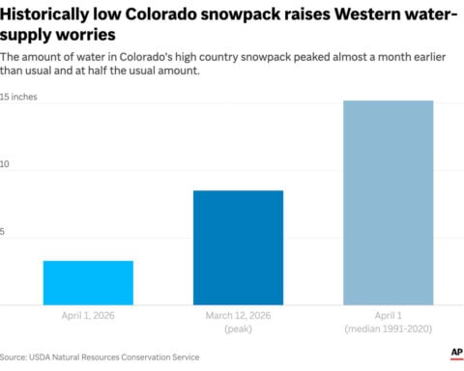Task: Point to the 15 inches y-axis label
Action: pyautogui.click(x=18, y=99)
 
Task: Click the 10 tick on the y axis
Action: pyautogui.click(x=5, y=165)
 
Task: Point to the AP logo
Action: pyautogui.click(x=454, y=355)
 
